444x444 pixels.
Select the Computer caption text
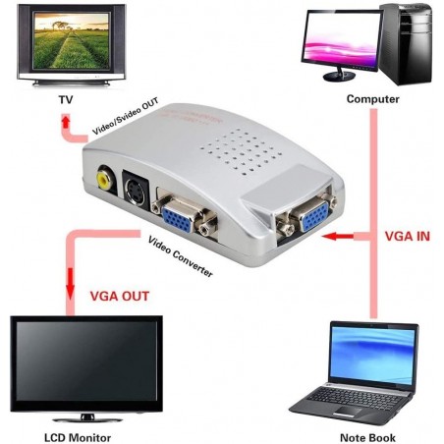pos(372,99)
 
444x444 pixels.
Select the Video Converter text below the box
pos(181,256)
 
